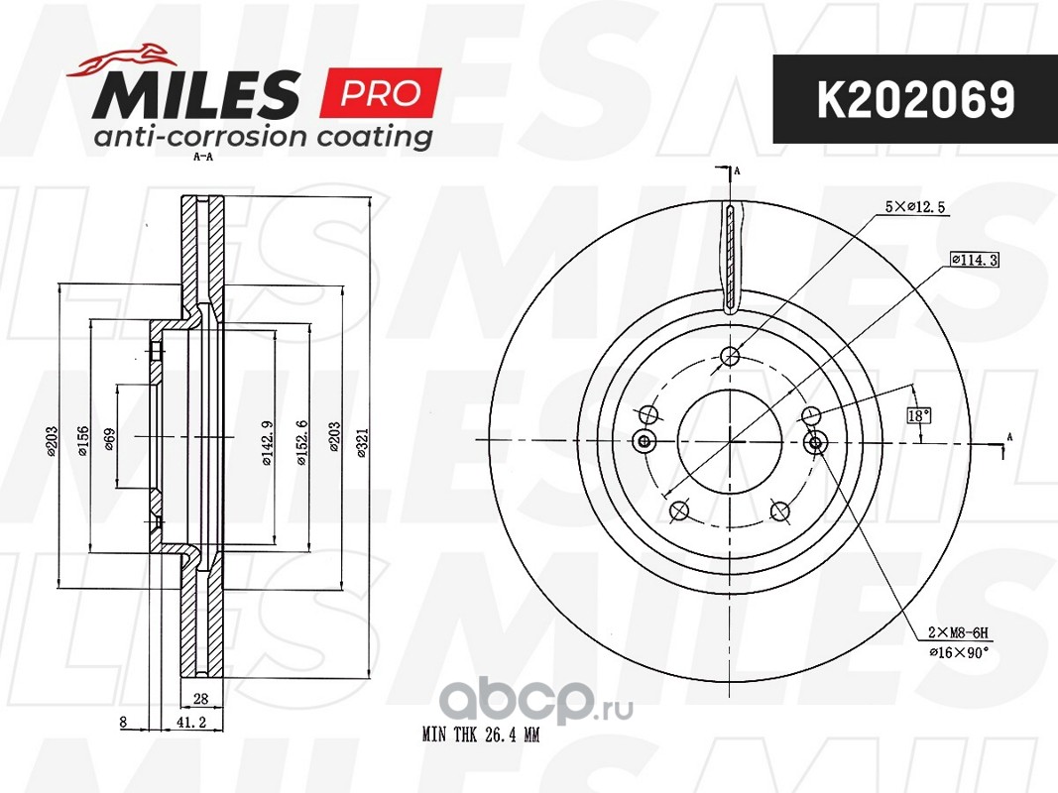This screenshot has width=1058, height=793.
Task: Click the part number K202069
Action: tap(915, 100)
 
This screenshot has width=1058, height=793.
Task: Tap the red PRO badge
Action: tap(380, 93)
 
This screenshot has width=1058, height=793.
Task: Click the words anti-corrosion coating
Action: tap(263, 137)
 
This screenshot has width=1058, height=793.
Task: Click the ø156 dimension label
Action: tap(82, 440)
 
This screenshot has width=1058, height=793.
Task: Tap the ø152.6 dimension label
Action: tap(301, 442)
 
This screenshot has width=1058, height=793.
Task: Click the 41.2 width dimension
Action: tap(190, 723)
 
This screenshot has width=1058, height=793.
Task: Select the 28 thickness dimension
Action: tap(200, 699)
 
